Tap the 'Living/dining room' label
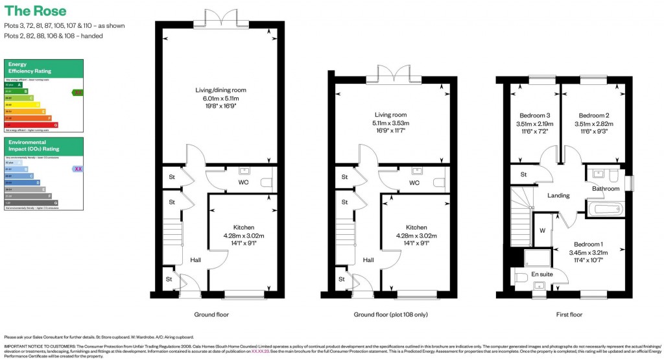[x=221, y=90]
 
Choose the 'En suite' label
[x=542, y=274]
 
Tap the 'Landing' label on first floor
[x=558, y=195]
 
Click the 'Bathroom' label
[x=606, y=189]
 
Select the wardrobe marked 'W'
[x=542, y=230]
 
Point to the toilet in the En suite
[x=521, y=277]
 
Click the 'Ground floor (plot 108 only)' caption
[x=390, y=315]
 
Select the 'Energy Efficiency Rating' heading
[x=29, y=68]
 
